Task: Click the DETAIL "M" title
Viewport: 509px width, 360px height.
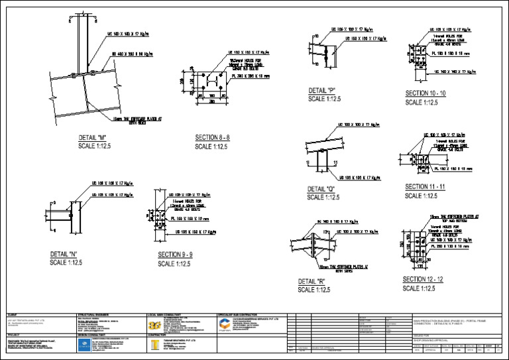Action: click(92, 138)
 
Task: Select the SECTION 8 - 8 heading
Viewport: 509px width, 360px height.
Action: click(212, 138)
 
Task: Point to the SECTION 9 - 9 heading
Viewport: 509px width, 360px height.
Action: click(175, 255)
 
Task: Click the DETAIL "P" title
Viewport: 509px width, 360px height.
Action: click(322, 90)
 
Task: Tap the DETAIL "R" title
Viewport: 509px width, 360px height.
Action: click(311, 281)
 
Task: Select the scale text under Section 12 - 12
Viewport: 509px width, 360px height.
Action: click(419, 288)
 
